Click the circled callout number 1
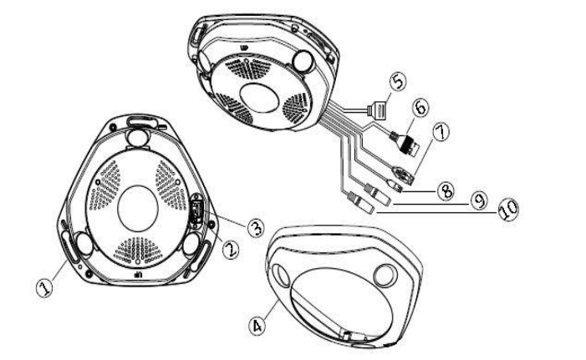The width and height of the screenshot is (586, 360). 44,288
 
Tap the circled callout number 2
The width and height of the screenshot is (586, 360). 230,250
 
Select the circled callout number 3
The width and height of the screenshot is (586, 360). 256,227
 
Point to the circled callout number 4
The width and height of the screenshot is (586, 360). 257,326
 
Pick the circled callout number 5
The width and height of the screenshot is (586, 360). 398,81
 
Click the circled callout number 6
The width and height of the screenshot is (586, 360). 420,108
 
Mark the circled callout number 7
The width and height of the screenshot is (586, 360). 441,132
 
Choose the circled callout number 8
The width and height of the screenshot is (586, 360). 445,190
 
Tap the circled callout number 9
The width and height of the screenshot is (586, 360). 479,200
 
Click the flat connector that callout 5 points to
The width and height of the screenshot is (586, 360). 378,110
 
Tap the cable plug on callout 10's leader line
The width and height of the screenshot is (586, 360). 360,203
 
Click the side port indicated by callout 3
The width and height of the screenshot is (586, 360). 197,212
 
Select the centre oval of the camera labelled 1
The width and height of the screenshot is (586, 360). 138,208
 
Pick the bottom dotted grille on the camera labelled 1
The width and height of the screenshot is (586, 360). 138,251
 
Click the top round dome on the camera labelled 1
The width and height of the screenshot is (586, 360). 138,138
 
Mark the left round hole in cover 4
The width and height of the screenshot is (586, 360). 281,276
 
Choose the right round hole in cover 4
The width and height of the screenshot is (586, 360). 385,276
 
